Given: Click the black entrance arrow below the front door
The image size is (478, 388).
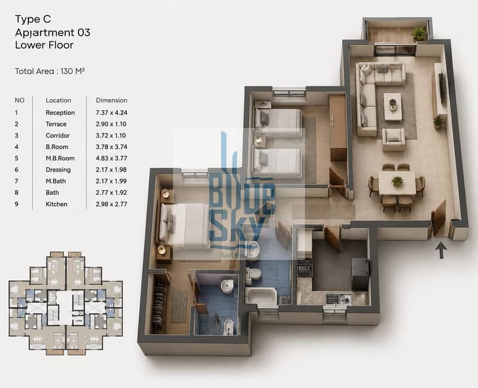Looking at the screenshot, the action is click(x=441, y=250).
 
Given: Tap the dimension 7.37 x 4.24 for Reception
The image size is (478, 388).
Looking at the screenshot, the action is click(x=111, y=112).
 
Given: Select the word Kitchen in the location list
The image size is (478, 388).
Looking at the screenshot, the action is click(x=56, y=204).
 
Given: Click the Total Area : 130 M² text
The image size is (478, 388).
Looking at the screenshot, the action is click(x=50, y=71).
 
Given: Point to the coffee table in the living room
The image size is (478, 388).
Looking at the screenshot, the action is click(x=392, y=106).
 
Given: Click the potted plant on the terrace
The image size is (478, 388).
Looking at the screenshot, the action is click(x=419, y=33).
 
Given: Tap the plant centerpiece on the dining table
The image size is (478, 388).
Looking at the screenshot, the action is click(x=397, y=181).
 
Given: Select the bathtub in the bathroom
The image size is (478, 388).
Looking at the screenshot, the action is click(x=261, y=296).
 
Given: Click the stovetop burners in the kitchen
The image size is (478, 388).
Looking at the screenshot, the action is click(x=305, y=267).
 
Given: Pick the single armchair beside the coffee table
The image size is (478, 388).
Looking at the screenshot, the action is click(x=394, y=139).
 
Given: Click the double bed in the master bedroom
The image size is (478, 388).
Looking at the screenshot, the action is click(x=184, y=225).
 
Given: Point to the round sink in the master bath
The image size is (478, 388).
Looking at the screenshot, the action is click(x=227, y=286).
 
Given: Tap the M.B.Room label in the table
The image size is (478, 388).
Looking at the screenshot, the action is click(x=60, y=158).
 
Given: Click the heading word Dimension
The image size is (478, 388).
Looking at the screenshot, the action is click(x=112, y=100).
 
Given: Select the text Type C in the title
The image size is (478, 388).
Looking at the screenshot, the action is click(x=33, y=19).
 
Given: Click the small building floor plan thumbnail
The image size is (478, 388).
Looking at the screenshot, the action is click(x=66, y=303).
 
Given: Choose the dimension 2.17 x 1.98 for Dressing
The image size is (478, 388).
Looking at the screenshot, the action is click(x=111, y=170).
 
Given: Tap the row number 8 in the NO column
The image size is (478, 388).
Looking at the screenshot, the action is click(x=17, y=193).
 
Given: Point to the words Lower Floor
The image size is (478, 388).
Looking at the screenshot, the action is click(x=44, y=45).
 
